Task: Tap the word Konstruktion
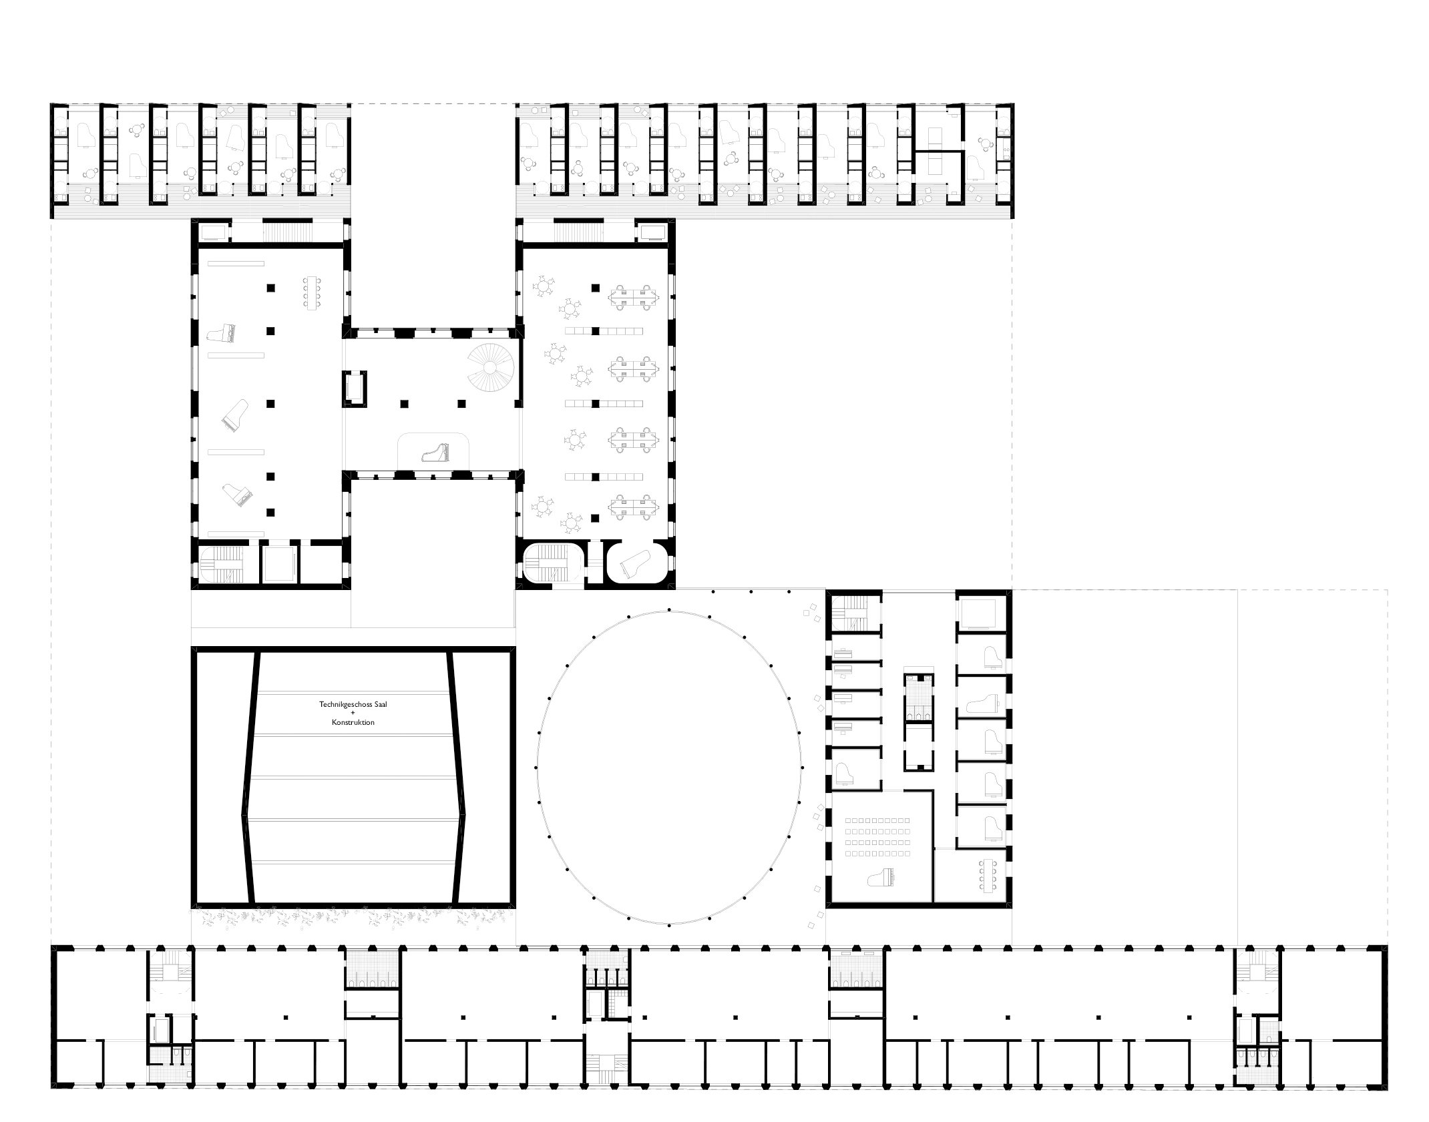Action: click(353, 722)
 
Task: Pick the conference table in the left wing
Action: click(312, 293)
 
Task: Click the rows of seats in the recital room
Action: click(878, 836)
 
